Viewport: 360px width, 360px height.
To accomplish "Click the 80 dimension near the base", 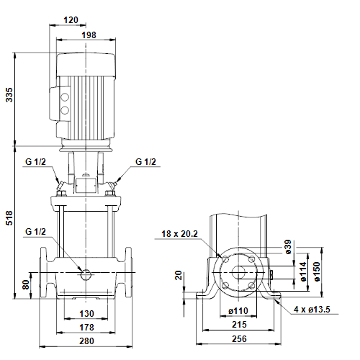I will tap(27, 284).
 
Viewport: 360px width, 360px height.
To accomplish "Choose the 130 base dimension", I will tap(86, 313).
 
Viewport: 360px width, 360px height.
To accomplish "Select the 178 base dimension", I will tap(86, 328).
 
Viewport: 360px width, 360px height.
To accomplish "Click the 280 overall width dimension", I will tap(86, 342).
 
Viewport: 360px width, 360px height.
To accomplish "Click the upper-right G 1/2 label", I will tap(145, 162).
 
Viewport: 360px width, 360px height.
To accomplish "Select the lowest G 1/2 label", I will tap(36, 232).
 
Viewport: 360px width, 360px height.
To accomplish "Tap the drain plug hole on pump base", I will tap(86, 274).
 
